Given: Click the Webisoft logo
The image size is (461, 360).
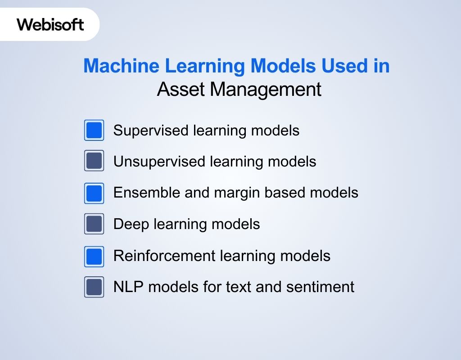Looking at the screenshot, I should coord(50,24).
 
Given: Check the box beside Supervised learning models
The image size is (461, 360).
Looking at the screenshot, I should coord(94,130).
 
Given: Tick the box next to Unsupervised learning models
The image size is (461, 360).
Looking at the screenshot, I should coord(94,161).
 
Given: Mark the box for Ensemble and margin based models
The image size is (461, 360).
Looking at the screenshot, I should coord(94,193).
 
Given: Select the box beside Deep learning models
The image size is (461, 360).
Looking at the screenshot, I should coord(94,224).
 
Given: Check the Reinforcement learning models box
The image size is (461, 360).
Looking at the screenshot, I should coord(94,256).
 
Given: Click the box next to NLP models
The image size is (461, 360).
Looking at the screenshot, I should coord(94,287).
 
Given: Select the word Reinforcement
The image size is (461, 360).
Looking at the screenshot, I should coord(164,256).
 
